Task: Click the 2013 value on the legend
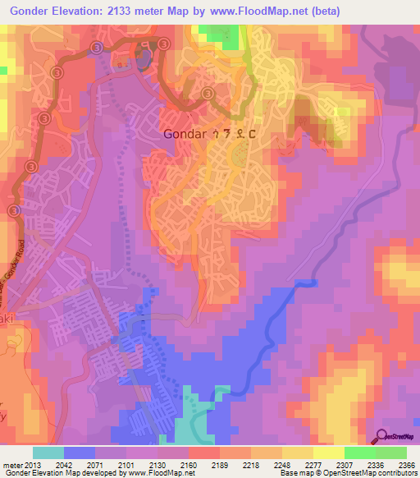34,464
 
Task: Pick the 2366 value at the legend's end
395,464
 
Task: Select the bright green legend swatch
359,453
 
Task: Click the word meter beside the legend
11,464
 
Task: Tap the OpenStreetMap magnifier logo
382,436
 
